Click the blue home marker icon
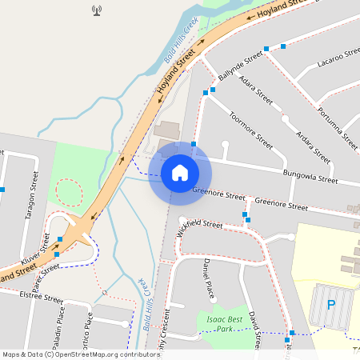pos(180,172)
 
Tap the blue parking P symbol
pos(331,305)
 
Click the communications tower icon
pos(98,11)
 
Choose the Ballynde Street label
pos(242,65)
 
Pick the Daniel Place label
pos(208,277)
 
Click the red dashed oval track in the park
pos(70,193)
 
